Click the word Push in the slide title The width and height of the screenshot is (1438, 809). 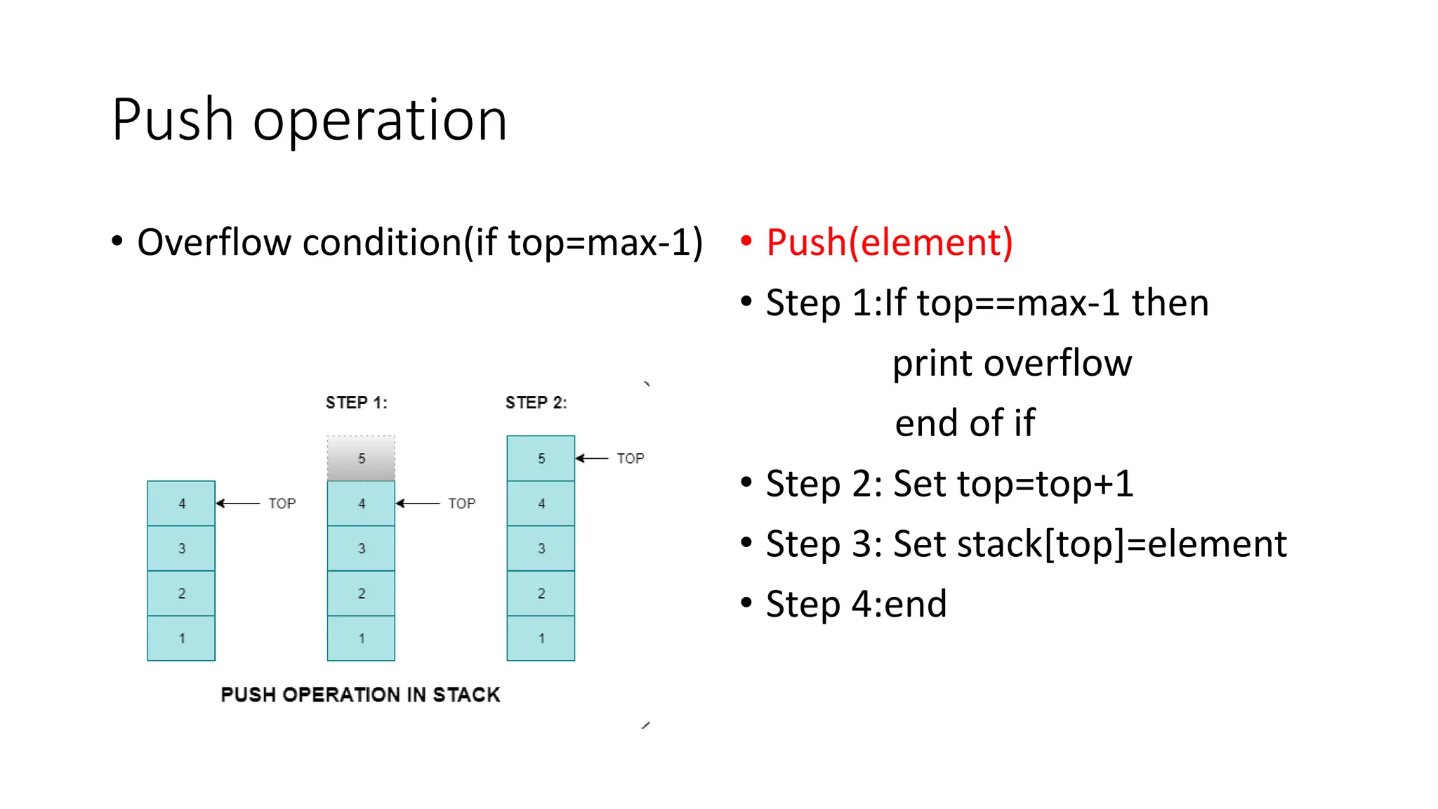(173, 121)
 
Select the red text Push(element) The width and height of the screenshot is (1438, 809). (889, 243)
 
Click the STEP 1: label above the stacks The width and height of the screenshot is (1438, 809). (356, 403)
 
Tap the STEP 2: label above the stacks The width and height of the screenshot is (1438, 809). (536, 403)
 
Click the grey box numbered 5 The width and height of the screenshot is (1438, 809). (361, 459)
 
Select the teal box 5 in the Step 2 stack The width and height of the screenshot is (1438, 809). (541, 459)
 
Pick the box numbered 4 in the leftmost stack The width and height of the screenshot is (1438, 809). (181, 504)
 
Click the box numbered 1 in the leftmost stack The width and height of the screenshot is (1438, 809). (181, 638)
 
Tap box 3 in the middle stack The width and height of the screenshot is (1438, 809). (361, 548)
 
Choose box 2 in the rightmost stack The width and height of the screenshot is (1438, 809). (541, 593)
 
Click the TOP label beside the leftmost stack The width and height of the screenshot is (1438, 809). (282, 504)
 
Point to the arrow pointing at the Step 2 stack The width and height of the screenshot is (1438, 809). (592, 459)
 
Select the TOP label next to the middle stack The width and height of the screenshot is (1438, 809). (461, 504)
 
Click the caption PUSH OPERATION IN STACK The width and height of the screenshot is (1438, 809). (360, 695)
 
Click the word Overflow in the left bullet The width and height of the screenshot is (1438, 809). (214, 243)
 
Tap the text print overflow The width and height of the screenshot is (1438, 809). (1012, 364)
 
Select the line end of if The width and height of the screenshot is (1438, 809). (965, 423)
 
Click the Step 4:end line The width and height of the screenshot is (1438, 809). (856, 605)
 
